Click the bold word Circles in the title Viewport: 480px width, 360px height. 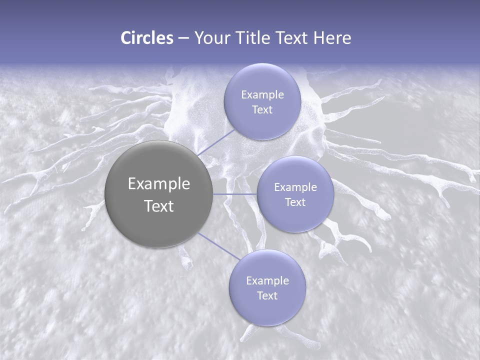point(146,38)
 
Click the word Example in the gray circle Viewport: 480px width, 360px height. point(159,184)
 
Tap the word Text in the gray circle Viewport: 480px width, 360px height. point(159,206)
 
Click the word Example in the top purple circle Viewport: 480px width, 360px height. point(262,95)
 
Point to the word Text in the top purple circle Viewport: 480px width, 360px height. point(262,110)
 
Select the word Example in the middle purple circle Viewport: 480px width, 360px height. point(295,187)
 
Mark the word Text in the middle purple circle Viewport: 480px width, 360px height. point(295,202)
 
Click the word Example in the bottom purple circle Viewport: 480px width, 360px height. point(267,281)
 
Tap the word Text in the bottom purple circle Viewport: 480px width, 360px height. point(267,296)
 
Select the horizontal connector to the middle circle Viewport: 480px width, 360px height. point(235,194)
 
